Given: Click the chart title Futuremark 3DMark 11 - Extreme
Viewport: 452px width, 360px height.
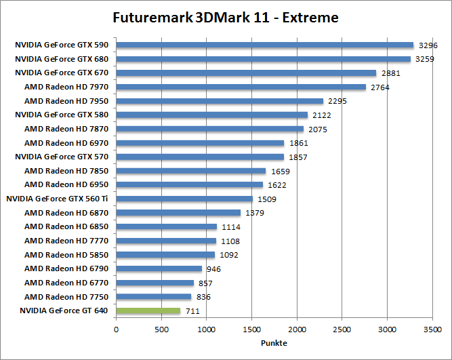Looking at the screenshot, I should [226, 17].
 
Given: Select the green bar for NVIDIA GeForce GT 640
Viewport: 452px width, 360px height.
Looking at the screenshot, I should [148, 311].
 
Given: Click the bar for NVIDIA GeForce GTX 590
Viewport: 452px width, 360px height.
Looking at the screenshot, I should [264, 45].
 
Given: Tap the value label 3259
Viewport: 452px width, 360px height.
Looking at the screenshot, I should [425, 60].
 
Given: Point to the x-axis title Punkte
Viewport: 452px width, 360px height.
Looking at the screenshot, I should [274, 343].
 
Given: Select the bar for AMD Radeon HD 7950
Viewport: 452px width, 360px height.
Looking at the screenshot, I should [220, 101].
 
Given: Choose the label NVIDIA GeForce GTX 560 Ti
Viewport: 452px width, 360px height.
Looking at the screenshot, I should [58, 199].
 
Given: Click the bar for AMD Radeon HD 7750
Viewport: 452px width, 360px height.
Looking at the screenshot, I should [153, 297].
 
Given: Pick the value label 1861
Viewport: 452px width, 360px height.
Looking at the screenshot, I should [298, 143].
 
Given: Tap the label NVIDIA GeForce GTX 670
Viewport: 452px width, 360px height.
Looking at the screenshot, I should [62, 73].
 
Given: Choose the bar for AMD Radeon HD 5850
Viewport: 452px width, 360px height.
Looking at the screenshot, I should [165, 255].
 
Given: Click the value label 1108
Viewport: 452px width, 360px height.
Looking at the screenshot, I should [230, 241].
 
